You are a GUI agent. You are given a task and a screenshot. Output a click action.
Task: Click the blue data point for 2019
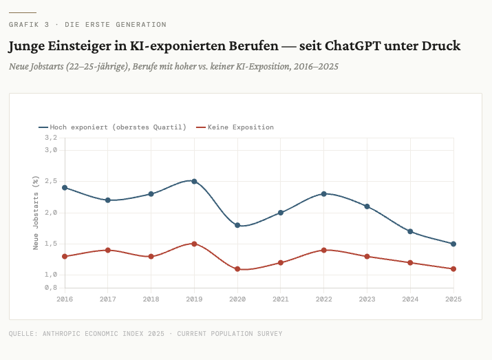[194, 181]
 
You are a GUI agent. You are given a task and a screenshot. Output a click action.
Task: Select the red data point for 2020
[237, 268]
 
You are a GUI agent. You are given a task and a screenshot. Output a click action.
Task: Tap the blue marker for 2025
[453, 244]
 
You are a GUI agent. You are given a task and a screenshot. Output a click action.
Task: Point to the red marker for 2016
[65, 256]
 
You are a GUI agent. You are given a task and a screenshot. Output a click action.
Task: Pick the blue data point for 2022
[324, 194]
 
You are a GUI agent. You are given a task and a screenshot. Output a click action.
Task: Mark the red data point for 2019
[194, 244]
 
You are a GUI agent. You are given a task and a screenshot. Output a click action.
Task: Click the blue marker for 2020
[237, 225]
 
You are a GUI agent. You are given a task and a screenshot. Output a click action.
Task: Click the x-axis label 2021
[281, 299]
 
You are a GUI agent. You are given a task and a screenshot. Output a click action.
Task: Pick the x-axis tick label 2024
[410, 299]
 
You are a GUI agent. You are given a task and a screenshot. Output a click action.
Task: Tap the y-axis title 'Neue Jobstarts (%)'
[36, 212]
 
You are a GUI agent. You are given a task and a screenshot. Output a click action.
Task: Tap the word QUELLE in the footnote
[23, 334]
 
